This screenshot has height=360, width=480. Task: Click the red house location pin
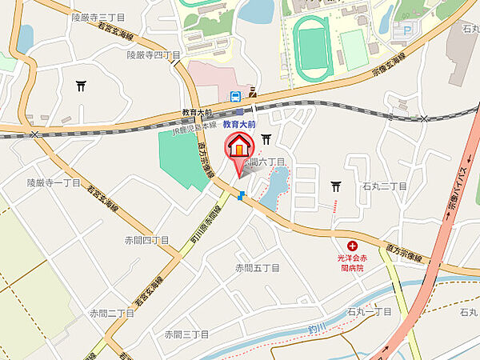click(239, 147)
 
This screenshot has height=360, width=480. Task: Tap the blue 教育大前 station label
click(239, 125)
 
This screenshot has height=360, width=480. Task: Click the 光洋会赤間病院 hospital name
click(350, 264)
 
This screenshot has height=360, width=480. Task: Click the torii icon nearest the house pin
click(266, 139)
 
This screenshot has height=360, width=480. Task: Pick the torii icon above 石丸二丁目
click(337, 186)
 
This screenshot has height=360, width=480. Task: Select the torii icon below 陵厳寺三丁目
click(81, 86)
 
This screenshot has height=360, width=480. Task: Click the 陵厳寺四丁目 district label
click(154, 54)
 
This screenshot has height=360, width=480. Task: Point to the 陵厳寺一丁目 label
click(54, 182)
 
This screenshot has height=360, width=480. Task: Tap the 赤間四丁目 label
click(146, 240)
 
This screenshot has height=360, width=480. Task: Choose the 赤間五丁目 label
click(257, 267)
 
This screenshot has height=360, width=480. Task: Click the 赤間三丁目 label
click(186, 334)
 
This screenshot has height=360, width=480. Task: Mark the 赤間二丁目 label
click(111, 313)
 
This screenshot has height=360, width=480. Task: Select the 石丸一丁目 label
click(370, 311)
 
